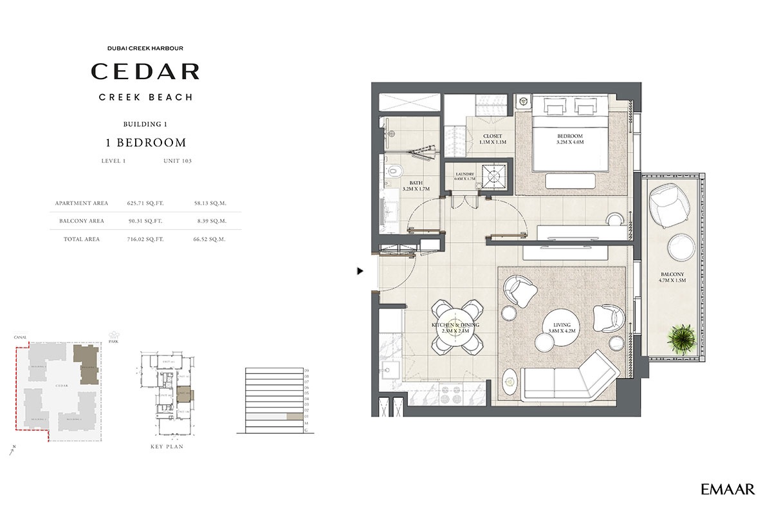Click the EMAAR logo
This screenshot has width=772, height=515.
pos(728,490)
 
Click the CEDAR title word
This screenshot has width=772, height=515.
pos(145,71)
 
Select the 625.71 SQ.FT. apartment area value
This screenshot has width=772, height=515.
pos(145,203)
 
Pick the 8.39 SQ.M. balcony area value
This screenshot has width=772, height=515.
pos(210,221)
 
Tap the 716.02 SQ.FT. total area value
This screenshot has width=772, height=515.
pos(145,239)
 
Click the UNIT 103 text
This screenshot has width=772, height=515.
pos(178,161)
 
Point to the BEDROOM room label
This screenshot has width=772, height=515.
pos(569,136)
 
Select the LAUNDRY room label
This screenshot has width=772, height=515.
pos(464,174)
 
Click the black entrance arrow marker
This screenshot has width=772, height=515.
pos(360,272)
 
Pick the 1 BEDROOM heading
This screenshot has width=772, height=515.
pos(145,142)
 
